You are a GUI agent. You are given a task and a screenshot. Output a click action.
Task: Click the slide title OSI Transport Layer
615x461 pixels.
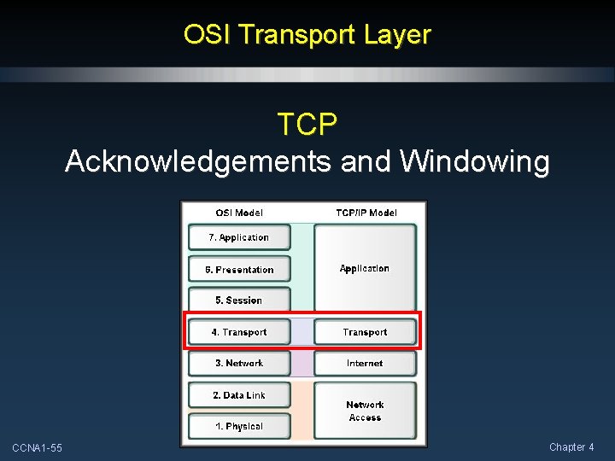pos(307,35)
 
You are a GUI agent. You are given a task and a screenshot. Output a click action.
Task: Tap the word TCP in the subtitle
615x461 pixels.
pos(307,125)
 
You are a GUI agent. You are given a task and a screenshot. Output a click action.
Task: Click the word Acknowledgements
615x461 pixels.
pos(197,160)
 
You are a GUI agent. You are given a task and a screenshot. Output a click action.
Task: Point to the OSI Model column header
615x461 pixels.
pos(239,213)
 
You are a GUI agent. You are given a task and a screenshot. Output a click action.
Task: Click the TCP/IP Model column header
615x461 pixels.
pos(366,213)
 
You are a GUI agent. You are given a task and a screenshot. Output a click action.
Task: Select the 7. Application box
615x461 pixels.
pos(239,237)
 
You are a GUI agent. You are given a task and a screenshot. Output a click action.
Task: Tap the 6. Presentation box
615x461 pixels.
pos(239,269)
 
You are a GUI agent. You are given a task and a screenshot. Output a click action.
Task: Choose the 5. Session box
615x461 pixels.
pos(239,301)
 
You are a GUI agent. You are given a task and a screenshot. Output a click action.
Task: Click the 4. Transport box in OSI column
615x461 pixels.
pos(239,332)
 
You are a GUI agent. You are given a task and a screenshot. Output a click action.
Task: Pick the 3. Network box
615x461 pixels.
pos(239,363)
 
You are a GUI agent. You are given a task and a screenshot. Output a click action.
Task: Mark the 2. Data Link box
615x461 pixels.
pos(239,395)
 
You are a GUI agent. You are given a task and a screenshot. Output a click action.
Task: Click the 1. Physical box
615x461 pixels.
pos(239,426)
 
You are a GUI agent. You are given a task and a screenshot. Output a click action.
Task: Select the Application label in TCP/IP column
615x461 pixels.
pos(365,268)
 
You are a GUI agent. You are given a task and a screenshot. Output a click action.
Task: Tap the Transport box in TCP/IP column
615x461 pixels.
pos(365,332)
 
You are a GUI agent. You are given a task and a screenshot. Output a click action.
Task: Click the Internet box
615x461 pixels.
pos(365,363)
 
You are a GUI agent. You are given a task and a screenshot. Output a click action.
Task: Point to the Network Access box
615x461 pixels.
pos(365,411)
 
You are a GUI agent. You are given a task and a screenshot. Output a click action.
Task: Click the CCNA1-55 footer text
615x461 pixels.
pos(37,448)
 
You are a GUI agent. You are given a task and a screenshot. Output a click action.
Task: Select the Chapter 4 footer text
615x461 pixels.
pos(571,447)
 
